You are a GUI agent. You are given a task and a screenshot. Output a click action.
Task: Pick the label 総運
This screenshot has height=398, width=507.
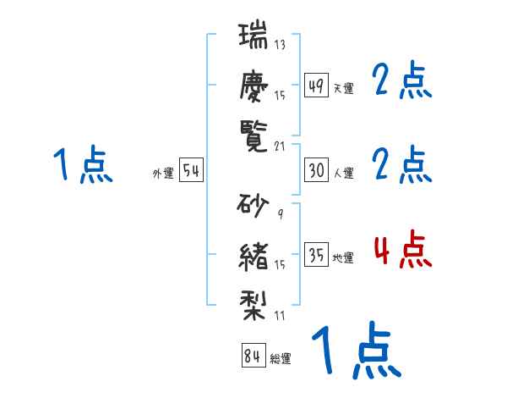coord(280,359)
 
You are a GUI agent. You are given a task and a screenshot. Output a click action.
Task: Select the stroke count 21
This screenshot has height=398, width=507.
coord(279,146)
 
